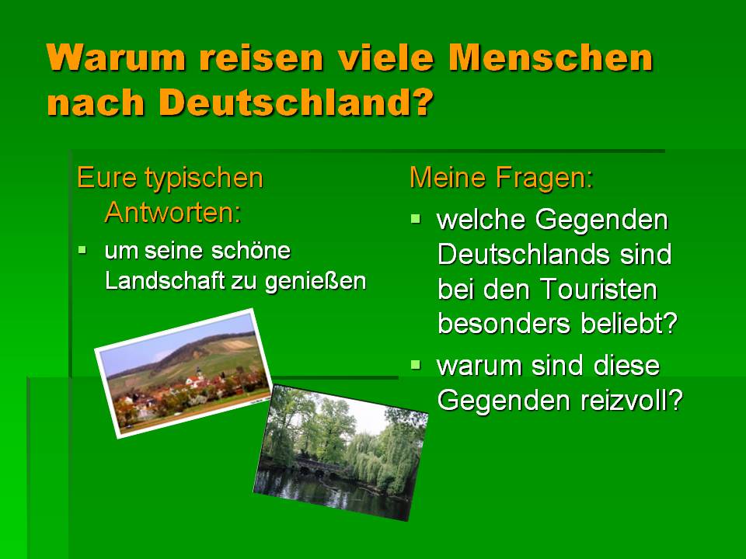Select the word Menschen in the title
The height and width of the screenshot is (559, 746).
click(x=550, y=57)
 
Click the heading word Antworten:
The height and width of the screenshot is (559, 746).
click(x=173, y=212)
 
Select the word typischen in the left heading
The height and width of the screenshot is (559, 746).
click(x=204, y=179)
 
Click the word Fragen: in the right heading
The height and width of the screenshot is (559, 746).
click(x=545, y=178)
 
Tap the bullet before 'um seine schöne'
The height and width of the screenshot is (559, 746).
click(x=83, y=249)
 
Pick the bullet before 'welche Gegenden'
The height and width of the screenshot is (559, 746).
click(x=415, y=219)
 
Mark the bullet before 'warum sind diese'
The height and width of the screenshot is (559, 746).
click(x=415, y=365)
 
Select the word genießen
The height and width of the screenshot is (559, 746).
click(x=315, y=282)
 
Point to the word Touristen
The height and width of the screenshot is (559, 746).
click(x=598, y=289)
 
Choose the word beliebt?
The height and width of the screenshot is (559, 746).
click(x=629, y=324)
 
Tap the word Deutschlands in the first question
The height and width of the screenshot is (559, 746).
click(x=523, y=255)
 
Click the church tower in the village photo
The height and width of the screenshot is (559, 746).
click(x=199, y=374)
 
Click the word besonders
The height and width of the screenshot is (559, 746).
click(x=504, y=324)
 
